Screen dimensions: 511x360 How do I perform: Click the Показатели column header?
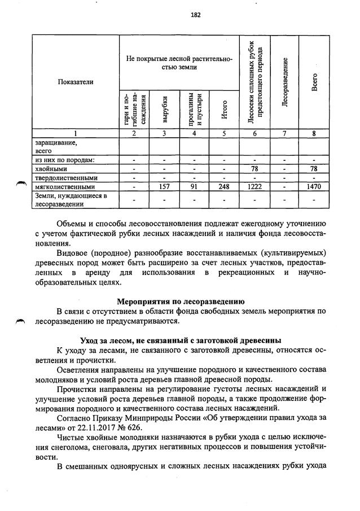75,82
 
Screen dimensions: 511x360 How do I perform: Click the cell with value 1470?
314,186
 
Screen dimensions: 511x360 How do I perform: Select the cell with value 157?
164,186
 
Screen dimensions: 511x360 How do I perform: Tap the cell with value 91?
194,186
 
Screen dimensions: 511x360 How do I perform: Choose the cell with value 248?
224,186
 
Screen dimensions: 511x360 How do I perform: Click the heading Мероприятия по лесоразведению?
180,300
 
